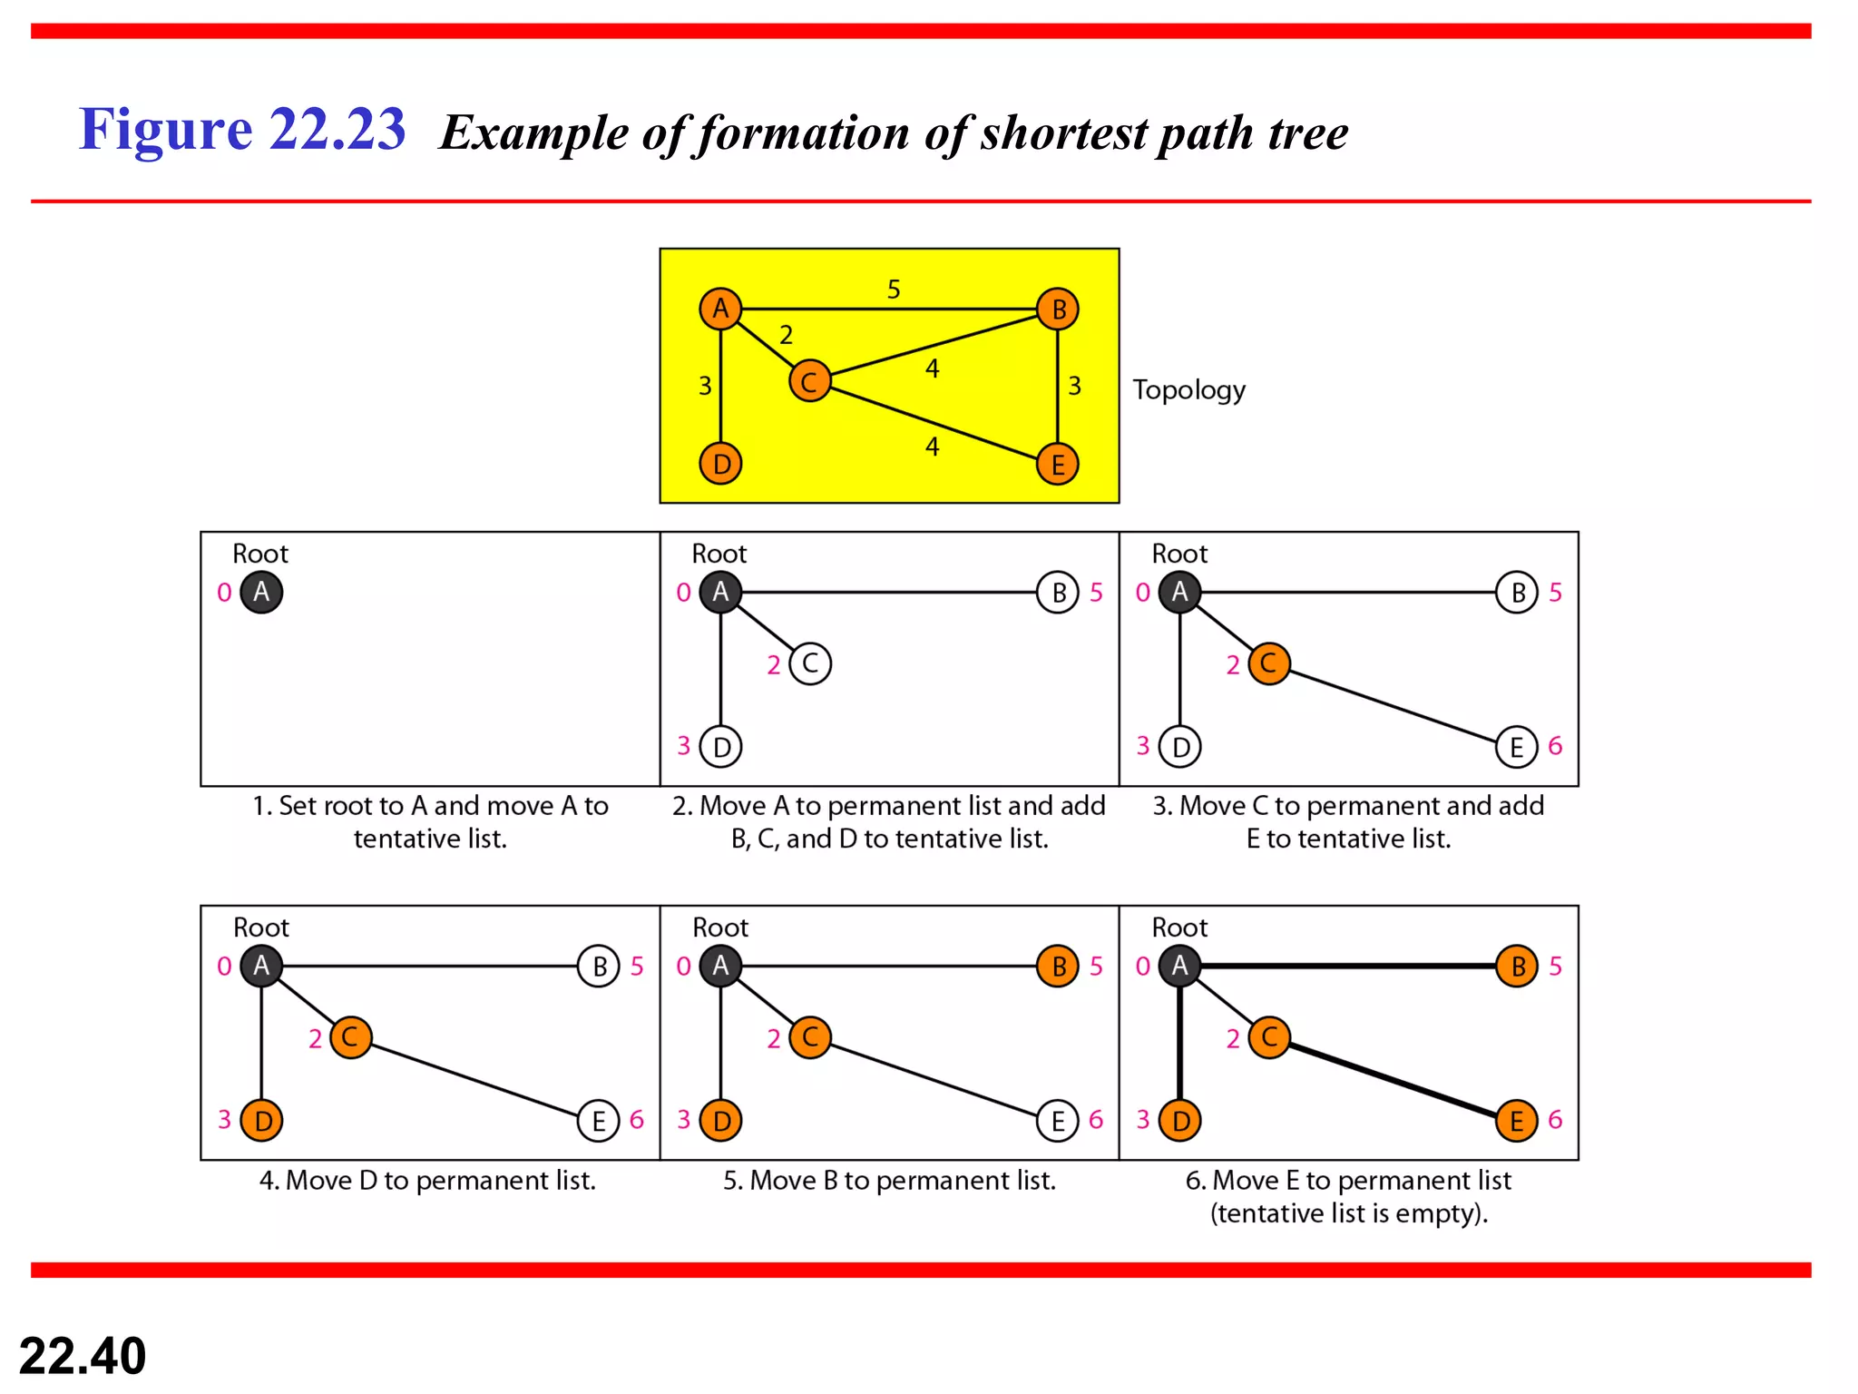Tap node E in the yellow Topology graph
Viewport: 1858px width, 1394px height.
click(x=1058, y=465)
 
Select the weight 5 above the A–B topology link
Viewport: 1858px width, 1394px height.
click(x=894, y=290)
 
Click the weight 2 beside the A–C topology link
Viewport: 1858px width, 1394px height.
click(x=786, y=335)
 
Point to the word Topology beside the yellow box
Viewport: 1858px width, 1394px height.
click(x=1188, y=389)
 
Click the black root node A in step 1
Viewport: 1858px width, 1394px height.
click(x=261, y=592)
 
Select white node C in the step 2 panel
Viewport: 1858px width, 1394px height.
click(x=810, y=663)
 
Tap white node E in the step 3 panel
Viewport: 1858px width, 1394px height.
click(x=1517, y=747)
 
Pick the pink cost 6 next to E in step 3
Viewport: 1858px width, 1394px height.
click(x=1555, y=746)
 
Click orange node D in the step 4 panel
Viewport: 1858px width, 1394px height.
click(x=262, y=1121)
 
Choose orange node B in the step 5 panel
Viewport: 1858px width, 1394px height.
click(x=1058, y=967)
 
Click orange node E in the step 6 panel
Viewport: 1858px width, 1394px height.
click(x=1517, y=1121)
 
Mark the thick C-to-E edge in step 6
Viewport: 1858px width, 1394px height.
click(x=1393, y=1079)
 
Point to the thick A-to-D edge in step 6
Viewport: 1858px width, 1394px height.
click(x=1179, y=1044)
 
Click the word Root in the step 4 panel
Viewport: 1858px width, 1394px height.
click(x=261, y=928)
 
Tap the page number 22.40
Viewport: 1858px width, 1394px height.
click(x=83, y=1355)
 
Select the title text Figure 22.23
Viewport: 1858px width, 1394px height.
click(x=242, y=129)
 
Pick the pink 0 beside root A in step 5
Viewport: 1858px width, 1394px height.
click(x=684, y=967)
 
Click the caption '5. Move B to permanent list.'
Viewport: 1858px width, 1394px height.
click(x=889, y=1180)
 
